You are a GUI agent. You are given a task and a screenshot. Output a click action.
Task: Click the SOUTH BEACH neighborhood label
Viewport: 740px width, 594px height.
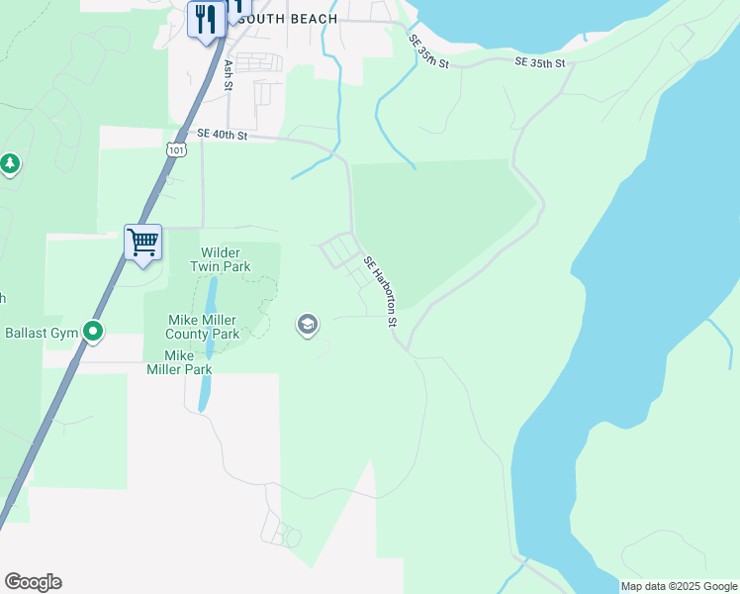[296, 19]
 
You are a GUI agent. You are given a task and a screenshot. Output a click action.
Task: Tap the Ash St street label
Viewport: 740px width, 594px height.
[229, 74]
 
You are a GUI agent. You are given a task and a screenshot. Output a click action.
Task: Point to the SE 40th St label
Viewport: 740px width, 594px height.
[222, 135]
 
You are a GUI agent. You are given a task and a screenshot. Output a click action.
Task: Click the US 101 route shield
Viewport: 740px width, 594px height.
[175, 149]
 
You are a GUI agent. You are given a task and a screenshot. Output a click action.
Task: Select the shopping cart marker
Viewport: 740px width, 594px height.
[142, 242]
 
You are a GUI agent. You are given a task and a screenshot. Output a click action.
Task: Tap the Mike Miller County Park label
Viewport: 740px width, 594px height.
[204, 327]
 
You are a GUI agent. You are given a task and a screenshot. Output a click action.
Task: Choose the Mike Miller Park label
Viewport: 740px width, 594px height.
[179, 362]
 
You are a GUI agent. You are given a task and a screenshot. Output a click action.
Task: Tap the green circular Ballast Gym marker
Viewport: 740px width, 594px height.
[93, 332]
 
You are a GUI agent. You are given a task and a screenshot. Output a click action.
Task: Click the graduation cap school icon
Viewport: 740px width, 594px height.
[308, 324]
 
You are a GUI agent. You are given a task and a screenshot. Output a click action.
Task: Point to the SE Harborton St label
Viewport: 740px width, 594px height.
[380, 292]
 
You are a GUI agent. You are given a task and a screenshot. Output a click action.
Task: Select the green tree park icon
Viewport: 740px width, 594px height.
[10, 163]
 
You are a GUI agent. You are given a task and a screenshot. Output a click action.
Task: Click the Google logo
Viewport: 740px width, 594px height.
[33, 582]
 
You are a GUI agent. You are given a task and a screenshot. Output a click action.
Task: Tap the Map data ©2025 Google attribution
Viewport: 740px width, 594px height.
[679, 586]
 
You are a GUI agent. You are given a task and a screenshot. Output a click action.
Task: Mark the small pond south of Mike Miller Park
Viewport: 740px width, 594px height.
[204, 393]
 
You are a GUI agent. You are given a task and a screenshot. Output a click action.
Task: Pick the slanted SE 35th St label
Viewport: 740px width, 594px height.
[429, 51]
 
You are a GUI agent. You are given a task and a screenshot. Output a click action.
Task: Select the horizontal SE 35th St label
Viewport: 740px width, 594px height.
[539, 63]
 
